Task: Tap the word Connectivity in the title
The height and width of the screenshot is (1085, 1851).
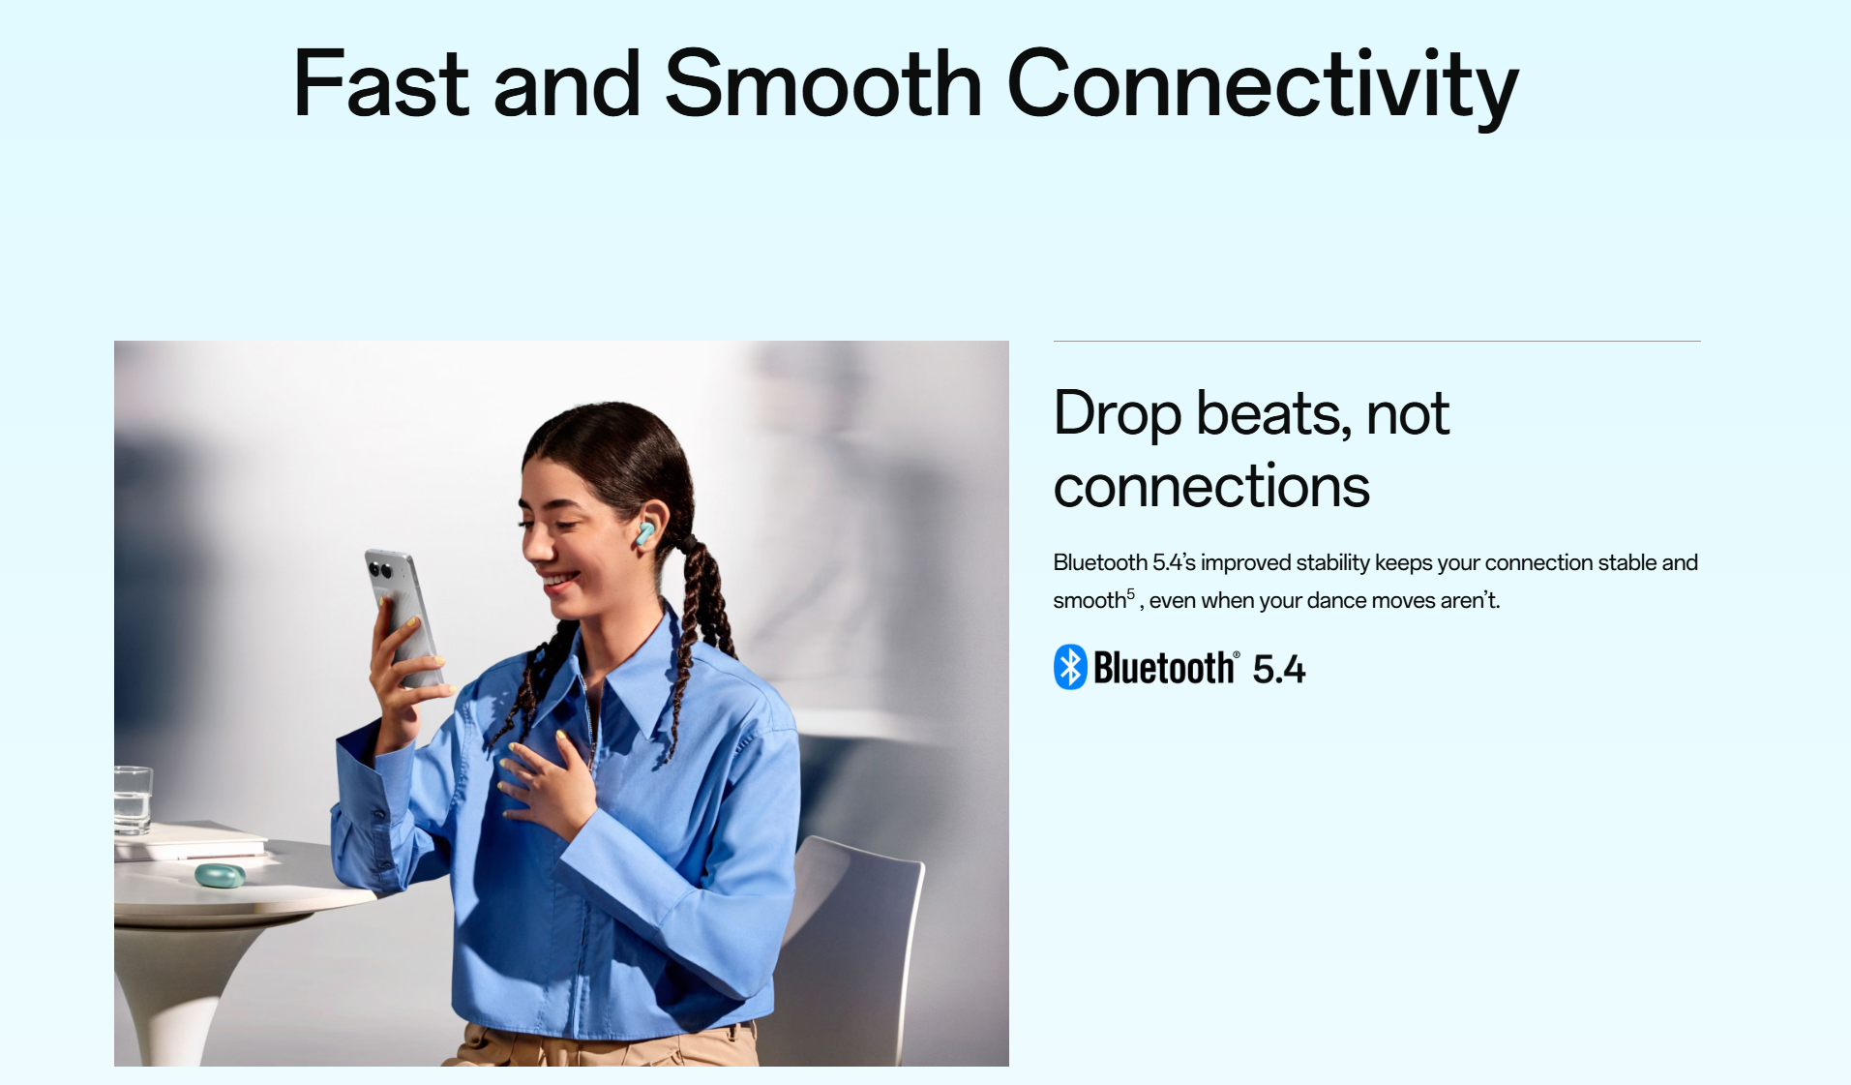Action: point(1263,87)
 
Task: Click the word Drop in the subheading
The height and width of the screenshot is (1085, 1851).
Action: point(1118,415)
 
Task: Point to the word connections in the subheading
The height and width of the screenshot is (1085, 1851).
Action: point(1211,486)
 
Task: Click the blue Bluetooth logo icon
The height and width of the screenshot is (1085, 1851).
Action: point(1070,667)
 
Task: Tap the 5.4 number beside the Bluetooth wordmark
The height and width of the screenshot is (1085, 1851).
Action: point(1278,669)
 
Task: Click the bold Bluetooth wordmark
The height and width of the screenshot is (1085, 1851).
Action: point(1164,668)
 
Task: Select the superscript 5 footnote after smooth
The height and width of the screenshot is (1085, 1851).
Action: point(1131,593)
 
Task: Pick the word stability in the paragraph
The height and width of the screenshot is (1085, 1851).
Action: point(1332,563)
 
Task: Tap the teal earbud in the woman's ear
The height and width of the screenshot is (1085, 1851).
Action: point(644,531)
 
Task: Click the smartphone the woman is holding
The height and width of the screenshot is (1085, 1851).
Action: point(404,615)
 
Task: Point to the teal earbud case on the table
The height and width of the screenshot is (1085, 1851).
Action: point(220,875)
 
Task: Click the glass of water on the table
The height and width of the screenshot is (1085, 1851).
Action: point(133,799)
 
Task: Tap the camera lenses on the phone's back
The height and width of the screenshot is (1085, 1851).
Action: point(378,568)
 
